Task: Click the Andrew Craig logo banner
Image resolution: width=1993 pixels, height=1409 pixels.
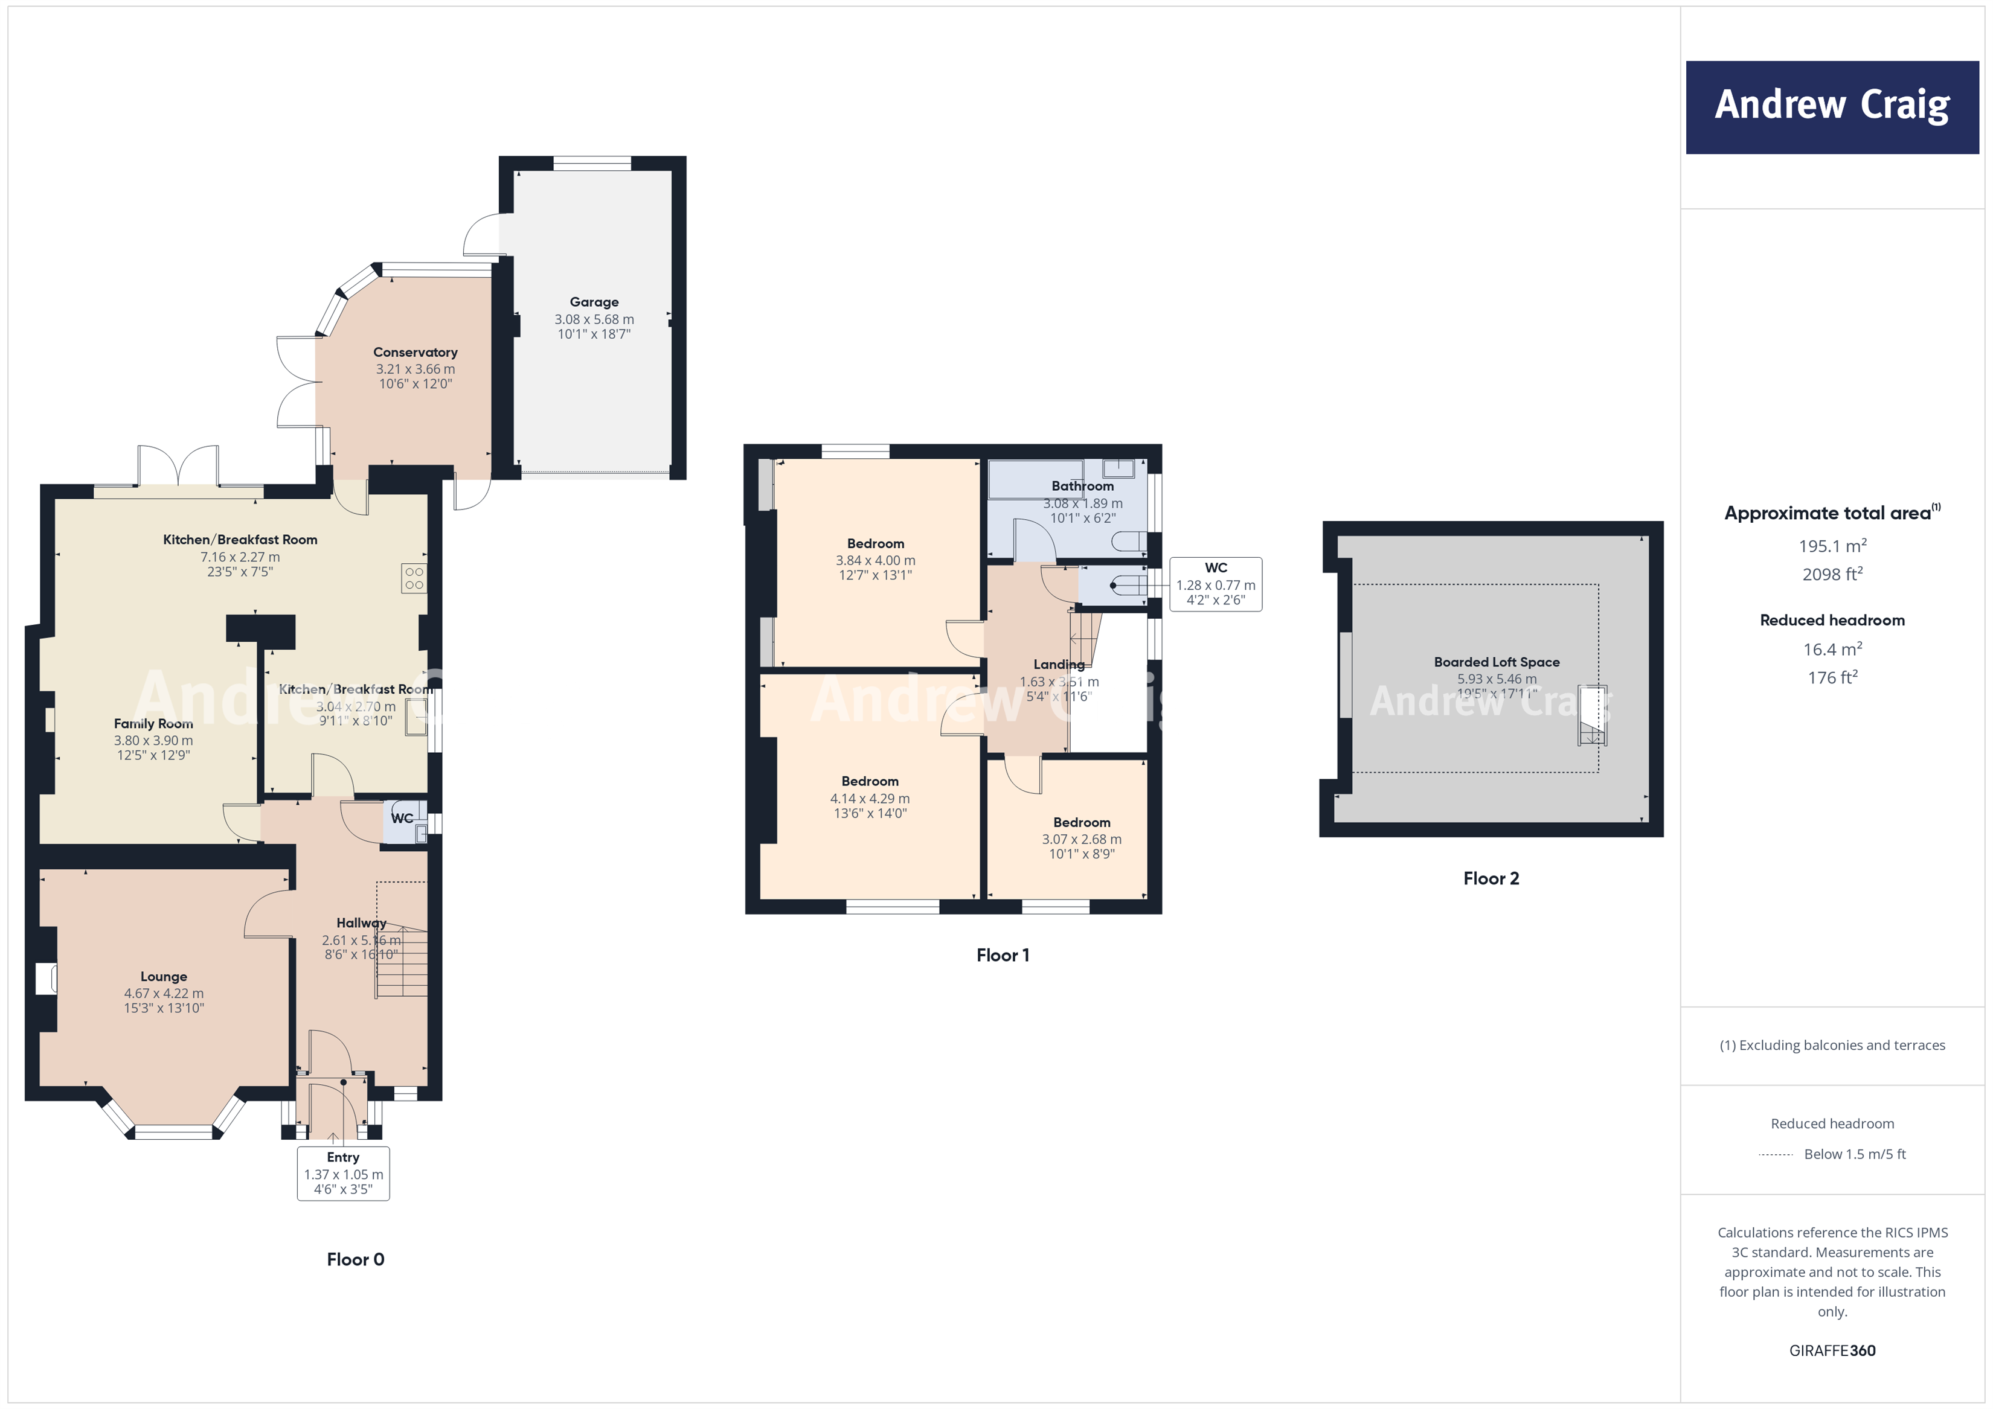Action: click(1832, 107)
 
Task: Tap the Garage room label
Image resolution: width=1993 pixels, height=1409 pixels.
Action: click(594, 302)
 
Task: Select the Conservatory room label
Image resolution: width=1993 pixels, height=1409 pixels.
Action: click(415, 353)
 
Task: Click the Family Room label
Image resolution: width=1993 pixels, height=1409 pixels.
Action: click(153, 724)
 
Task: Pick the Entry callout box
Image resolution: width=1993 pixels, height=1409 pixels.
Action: click(343, 1173)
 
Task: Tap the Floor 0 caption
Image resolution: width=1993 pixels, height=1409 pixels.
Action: click(355, 1259)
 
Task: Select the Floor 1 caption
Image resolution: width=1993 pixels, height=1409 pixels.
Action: click(1003, 955)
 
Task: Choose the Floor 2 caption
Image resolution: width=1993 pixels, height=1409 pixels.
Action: click(1491, 878)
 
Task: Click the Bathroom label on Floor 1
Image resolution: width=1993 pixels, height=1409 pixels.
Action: click(1082, 486)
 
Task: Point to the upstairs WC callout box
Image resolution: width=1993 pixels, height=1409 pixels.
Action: click(1215, 584)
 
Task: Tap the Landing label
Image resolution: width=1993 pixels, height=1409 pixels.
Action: click(1058, 665)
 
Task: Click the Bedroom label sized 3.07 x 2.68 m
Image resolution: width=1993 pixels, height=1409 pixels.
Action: click(1082, 822)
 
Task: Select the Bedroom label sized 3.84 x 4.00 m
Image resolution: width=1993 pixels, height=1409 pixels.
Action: click(875, 544)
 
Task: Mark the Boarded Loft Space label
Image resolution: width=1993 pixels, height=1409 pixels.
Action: click(1497, 662)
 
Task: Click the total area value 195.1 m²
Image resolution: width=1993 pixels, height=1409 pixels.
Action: click(1832, 546)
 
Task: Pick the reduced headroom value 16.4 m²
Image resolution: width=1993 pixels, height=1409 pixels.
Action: click(1832, 649)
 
